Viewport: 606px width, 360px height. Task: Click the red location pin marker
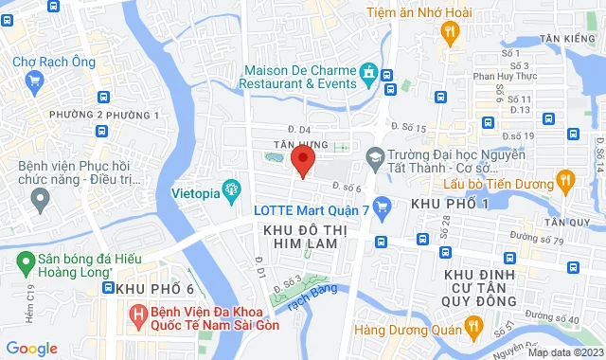click(302, 160)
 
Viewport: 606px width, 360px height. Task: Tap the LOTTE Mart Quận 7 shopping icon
click(383, 206)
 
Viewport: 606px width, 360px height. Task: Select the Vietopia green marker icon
click(229, 189)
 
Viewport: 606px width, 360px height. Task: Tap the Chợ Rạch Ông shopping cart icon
click(35, 81)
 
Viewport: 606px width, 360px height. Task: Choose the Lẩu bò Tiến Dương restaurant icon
click(565, 177)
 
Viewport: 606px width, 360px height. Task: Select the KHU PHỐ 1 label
click(448, 206)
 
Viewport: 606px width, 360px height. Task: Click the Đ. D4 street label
click(299, 128)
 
